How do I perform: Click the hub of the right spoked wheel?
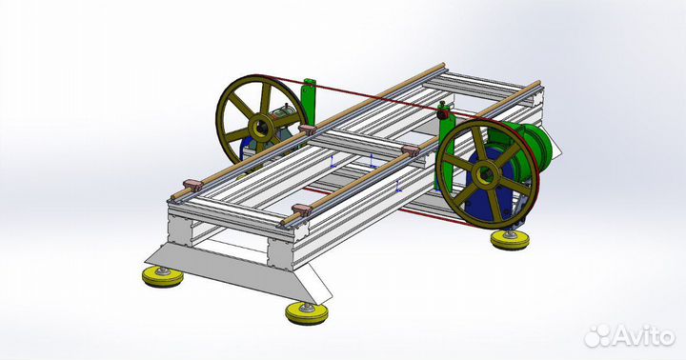click(x=485, y=174)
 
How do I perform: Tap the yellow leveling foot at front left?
click(x=162, y=277)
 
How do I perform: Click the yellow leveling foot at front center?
click(x=308, y=311)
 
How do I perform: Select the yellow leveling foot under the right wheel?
click(x=511, y=238)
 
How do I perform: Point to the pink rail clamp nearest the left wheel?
click(x=307, y=129)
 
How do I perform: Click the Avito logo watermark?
click(x=629, y=334)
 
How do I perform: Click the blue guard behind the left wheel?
click(x=246, y=150)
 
